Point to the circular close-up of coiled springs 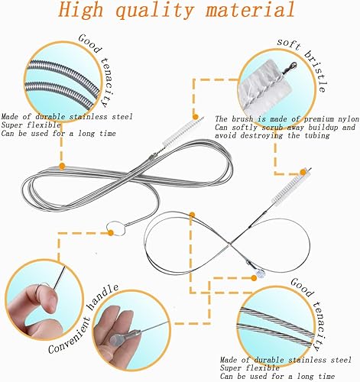[x=57, y=81]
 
